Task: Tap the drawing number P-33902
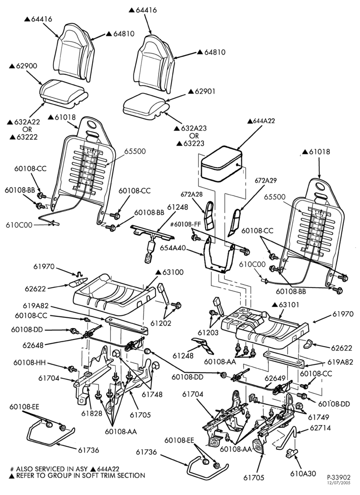[339, 477]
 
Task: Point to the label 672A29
[266, 180]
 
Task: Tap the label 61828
[91, 413]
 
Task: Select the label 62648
[33, 345]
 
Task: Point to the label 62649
[275, 378]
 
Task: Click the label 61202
[161, 323]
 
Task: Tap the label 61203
[209, 333]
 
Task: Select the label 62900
[23, 66]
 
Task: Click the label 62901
[202, 91]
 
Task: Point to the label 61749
[318, 417]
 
